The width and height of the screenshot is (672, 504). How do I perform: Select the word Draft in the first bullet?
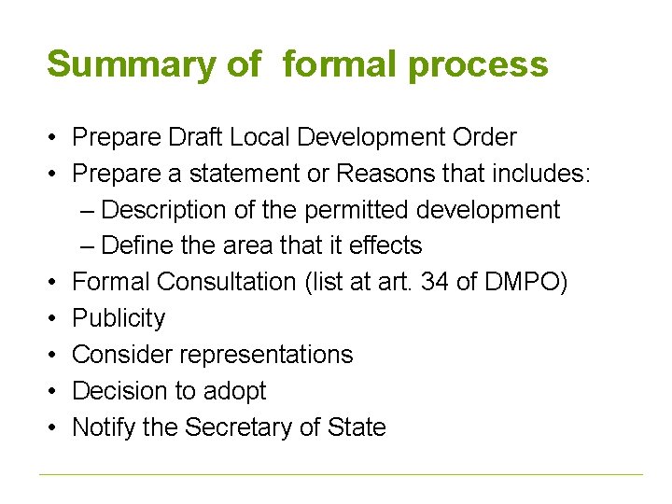(189, 137)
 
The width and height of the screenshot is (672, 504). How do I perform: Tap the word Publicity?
(119, 318)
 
